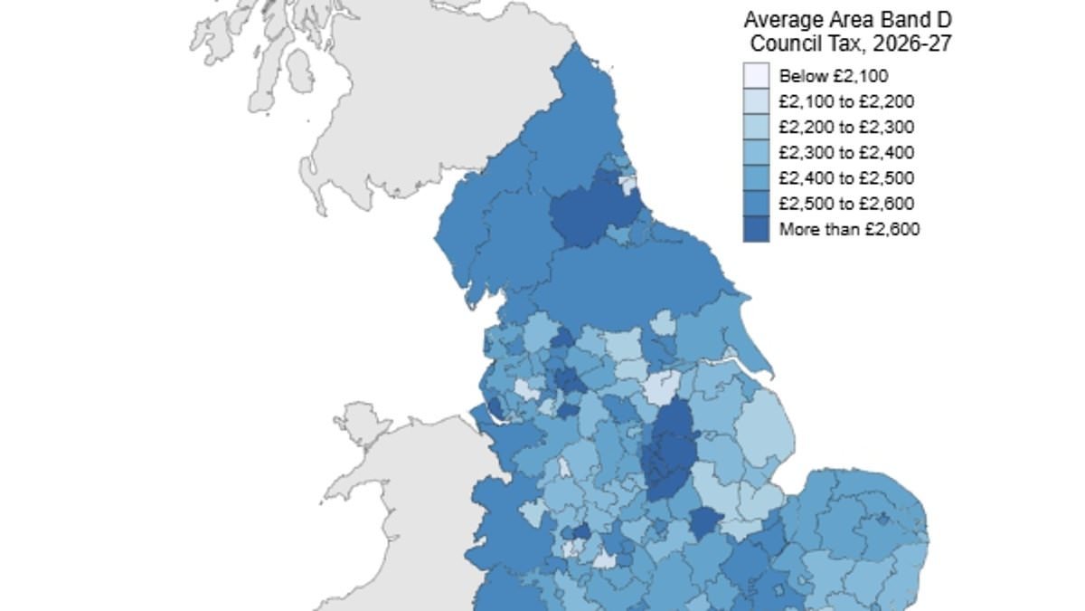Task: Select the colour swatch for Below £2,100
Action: point(756,76)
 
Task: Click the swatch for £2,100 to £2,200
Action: point(756,101)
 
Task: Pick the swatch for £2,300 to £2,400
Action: point(756,152)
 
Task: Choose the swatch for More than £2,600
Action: point(756,229)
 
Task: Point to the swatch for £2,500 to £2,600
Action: point(756,204)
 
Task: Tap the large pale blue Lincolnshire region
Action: point(764,434)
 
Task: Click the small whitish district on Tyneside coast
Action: point(628,185)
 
